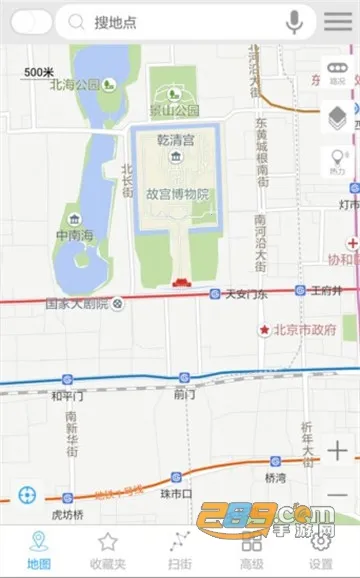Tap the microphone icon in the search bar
294,21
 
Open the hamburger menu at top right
338,21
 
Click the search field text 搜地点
116,22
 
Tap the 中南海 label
74,237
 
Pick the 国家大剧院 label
76,302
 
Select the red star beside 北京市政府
264,330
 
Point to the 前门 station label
183,394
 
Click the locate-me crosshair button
29,494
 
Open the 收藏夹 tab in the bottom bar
108,550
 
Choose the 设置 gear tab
321,550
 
